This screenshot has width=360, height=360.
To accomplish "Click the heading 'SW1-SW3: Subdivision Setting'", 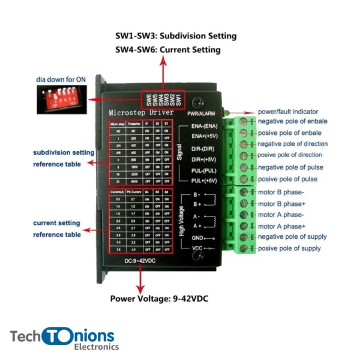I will point(176,36).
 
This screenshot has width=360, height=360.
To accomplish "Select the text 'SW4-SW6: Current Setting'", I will point(167,50).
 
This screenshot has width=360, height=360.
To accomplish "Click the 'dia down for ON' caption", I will point(60,79).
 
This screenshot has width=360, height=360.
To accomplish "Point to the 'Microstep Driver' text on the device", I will point(141,113).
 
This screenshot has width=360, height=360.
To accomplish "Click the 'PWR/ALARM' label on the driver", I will point(202,113).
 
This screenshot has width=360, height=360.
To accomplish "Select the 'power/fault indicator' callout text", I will point(288,112).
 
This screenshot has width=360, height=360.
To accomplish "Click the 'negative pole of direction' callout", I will point(293,144).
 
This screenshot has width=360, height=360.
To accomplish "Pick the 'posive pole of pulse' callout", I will point(288,179).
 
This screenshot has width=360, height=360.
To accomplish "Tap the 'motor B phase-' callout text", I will point(281,192).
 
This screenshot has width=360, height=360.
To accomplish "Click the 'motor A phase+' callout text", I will point(281,226).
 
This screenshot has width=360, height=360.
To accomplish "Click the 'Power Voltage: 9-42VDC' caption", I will point(160,298).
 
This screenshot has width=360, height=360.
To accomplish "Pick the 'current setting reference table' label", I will point(56,229).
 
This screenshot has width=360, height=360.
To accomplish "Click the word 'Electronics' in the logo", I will point(96,347).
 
